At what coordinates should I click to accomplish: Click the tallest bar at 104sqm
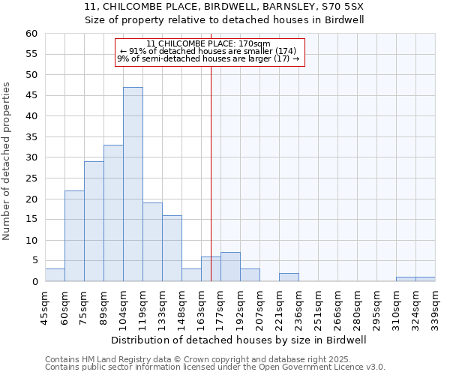tap(133, 184)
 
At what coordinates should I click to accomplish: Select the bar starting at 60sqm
tap(74, 236)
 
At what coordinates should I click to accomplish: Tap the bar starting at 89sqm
tap(113, 214)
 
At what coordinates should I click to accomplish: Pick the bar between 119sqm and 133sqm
tap(152, 242)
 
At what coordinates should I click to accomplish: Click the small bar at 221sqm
tap(289, 277)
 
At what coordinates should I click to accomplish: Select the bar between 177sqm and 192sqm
tap(230, 267)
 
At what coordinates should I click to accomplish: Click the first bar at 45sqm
tap(55, 275)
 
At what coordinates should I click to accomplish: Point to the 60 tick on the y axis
tap(31, 34)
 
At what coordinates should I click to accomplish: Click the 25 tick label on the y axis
tap(31, 178)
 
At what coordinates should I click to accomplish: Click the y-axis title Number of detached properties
tap(7, 161)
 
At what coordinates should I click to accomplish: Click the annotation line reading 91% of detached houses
tap(209, 51)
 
